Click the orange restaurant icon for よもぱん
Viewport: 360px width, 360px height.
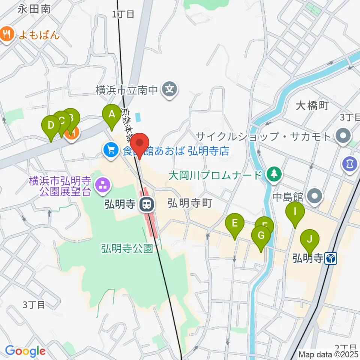point(6,35)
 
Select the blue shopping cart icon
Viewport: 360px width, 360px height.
point(110,151)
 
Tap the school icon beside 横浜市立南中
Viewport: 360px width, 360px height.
point(170,90)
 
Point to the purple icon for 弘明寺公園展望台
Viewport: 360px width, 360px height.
point(102,185)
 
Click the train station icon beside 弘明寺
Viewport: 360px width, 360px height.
point(147,205)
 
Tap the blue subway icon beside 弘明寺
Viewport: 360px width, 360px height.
point(331,258)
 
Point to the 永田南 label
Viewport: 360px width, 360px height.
point(34,9)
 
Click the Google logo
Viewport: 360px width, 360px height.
point(25,351)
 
